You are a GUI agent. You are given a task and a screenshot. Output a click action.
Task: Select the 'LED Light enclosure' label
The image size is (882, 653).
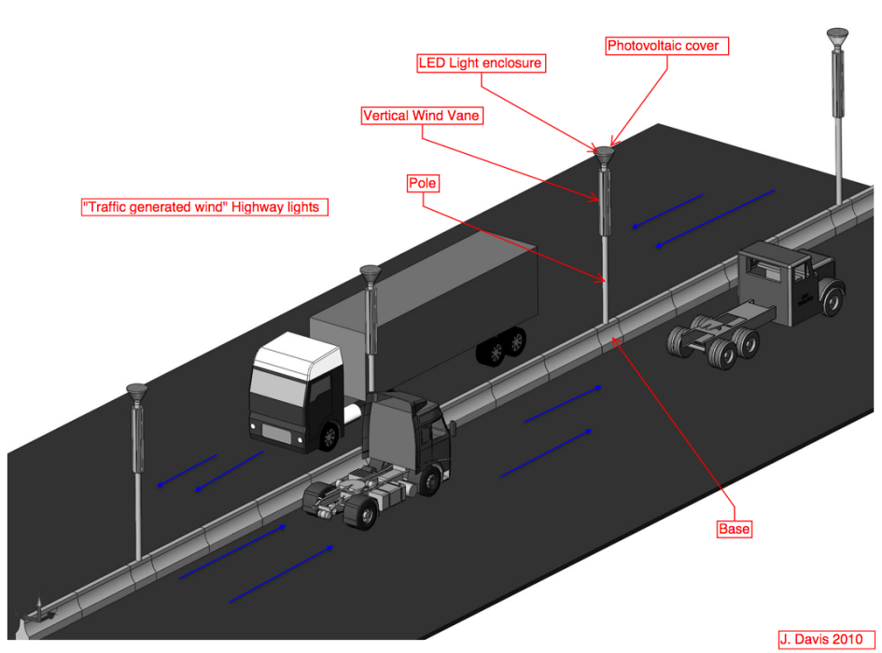point(481,63)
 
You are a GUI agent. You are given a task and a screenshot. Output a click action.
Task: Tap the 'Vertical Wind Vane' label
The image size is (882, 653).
point(422,116)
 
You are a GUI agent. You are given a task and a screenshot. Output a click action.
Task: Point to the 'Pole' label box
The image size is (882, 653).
point(423,183)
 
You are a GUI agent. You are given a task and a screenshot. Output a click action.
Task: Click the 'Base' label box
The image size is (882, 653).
point(735,529)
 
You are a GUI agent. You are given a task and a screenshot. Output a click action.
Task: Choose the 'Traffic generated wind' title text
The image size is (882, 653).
point(205,207)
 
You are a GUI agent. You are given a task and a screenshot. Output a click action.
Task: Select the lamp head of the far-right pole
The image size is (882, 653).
point(837,38)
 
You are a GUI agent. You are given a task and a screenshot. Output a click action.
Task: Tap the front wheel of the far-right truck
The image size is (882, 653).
point(832,300)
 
